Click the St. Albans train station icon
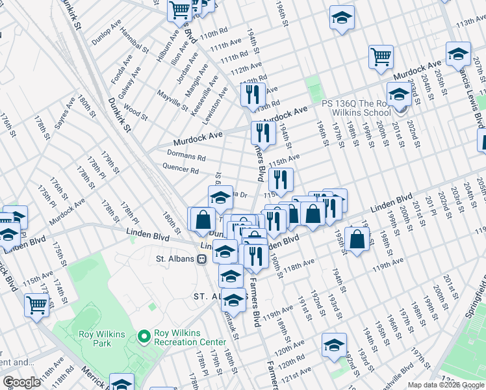click(x=202, y=259)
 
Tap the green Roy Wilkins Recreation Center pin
click(x=144, y=336)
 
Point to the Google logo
click(x=21, y=382)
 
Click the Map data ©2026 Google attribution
click(x=446, y=385)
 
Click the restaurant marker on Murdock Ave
click(x=262, y=133)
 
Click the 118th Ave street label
click(x=300, y=262)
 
